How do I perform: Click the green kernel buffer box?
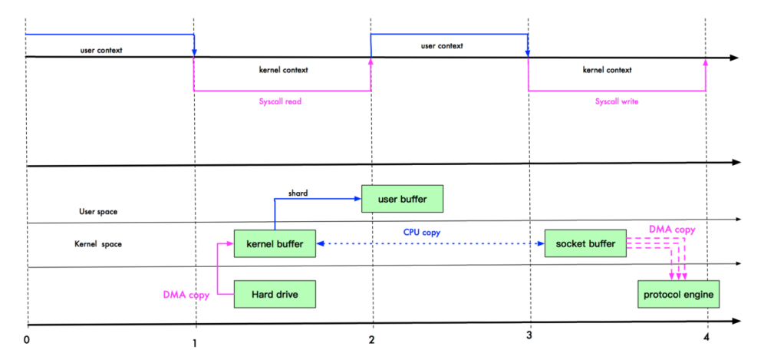click(x=275, y=244)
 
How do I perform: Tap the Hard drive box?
click(x=275, y=292)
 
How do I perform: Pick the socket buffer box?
click(x=585, y=243)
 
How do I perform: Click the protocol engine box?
click(x=680, y=292)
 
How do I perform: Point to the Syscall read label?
click(x=282, y=101)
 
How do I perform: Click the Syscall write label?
click(x=617, y=101)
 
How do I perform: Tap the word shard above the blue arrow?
click(x=298, y=193)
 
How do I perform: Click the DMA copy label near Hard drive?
click(x=186, y=294)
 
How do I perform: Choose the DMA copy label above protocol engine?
click(x=671, y=229)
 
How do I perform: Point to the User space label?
click(x=97, y=211)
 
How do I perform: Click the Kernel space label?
click(x=99, y=244)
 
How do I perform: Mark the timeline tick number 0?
click(x=27, y=338)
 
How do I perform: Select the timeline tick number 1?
click(x=196, y=342)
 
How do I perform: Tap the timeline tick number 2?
click(x=372, y=340)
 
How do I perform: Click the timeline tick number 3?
click(x=529, y=338)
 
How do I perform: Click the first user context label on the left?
click(x=100, y=50)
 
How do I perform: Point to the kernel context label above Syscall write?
click(x=608, y=69)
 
